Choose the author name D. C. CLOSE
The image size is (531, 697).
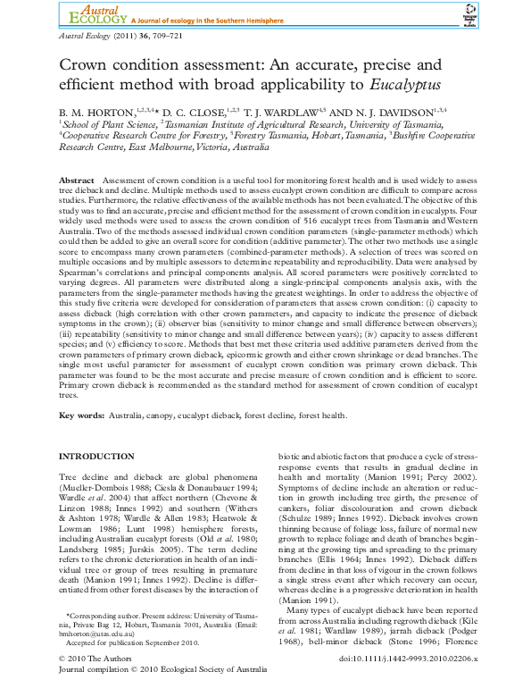pos(193,112)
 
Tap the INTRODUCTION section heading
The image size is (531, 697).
pos(96,457)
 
